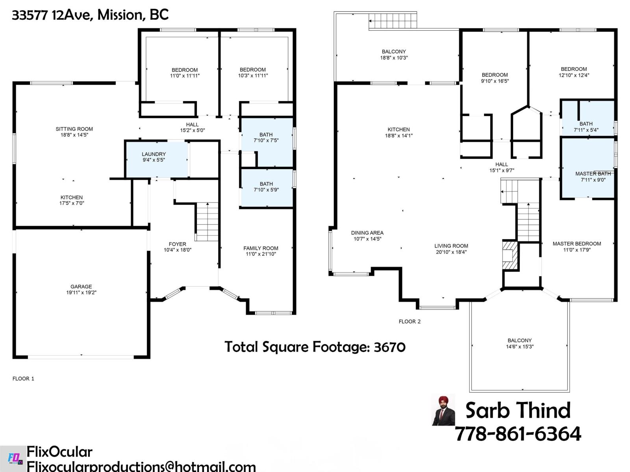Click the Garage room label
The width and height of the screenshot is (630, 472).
click(81, 287)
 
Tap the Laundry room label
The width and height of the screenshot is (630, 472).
click(154, 154)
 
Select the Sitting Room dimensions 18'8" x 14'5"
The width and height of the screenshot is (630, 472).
click(74, 135)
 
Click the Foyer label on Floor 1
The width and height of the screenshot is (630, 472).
click(177, 244)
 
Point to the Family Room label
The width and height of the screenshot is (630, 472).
click(261, 248)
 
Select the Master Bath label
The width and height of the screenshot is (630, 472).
click(593, 174)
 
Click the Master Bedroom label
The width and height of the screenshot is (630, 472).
click(576, 244)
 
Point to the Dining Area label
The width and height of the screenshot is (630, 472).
click(367, 233)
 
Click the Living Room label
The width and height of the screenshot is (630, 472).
click(451, 246)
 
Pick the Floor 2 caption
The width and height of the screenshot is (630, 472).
click(409, 321)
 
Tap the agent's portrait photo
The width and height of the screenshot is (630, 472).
click(443, 410)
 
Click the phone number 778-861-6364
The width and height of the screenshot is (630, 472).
click(518, 434)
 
